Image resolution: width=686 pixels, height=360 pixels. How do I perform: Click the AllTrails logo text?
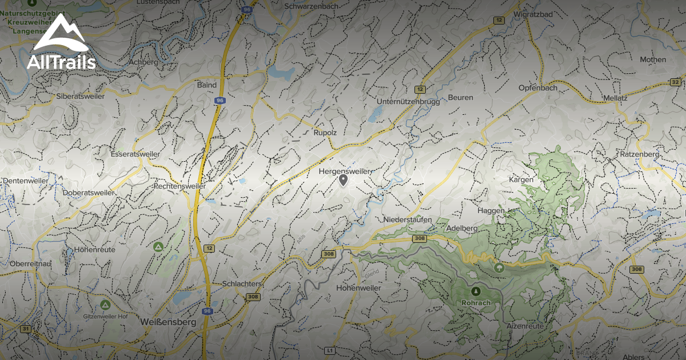[x=61, y=62]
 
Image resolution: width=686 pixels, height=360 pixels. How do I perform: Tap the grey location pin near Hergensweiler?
[x=343, y=181]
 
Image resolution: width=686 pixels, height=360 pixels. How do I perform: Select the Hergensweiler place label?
[x=345, y=171]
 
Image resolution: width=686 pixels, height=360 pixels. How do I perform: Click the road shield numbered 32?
[x=676, y=82]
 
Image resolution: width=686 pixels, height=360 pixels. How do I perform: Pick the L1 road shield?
[x=329, y=350]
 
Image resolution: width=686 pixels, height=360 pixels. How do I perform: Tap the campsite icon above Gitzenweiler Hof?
[x=105, y=304]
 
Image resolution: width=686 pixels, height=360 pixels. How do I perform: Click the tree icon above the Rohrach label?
[x=475, y=290]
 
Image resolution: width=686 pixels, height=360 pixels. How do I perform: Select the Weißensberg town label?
[x=168, y=322]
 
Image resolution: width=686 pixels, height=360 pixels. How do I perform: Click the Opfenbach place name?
[x=537, y=88]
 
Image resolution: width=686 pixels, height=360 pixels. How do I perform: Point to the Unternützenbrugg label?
[x=408, y=102]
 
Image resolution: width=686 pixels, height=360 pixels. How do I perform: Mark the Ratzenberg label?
[x=639, y=154]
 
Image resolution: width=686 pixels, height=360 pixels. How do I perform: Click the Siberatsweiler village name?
[x=81, y=97]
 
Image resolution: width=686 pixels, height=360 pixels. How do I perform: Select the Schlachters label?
[x=242, y=284]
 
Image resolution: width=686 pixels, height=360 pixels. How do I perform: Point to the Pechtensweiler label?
[x=180, y=186]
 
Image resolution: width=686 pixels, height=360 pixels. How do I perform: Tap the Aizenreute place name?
[x=525, y=326]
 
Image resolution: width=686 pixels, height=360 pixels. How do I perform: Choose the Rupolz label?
[x=325, y=133]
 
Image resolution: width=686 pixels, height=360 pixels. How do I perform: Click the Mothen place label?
[x=653, y=59]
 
